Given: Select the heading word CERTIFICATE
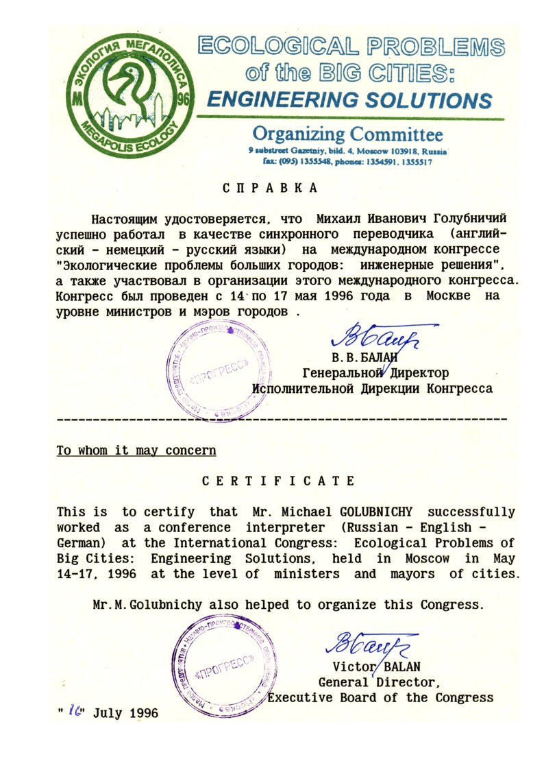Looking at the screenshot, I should pos(278,481).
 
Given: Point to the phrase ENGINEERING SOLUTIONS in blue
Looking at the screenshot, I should pos(349,100).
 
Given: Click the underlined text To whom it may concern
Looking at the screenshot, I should pos(136,451).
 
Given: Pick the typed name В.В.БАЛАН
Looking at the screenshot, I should pos(364,357).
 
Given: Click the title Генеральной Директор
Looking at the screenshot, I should pos(375,373).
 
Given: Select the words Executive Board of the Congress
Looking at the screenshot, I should pos(380,698).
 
